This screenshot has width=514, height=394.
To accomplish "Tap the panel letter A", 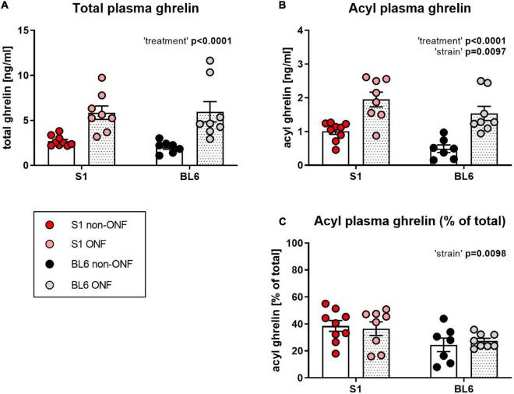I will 5,6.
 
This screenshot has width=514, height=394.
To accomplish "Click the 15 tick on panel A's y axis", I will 34,30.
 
